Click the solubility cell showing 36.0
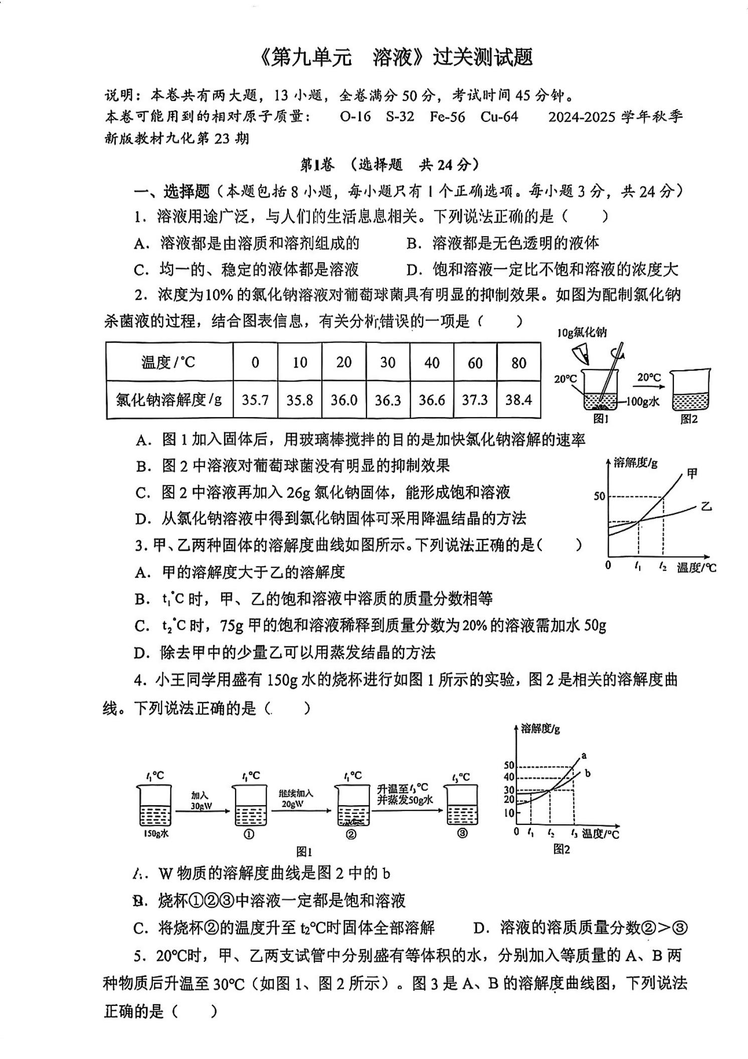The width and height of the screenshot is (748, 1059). click(344, 400)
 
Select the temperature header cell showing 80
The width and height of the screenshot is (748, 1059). click(519, 363)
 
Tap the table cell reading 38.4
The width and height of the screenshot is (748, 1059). click(519, 400)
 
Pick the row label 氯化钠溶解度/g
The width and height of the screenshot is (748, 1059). click(169, 400)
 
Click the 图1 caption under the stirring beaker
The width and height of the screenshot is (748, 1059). click(601, 419)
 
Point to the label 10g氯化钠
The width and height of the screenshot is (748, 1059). click(582, 332)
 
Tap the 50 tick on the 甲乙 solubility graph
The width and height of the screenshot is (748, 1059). click(600, 496)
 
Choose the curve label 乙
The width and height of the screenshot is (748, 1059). click(706, 506)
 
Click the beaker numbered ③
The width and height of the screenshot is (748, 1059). click(462, 805)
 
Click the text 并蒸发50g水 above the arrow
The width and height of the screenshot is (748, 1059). click(405, 800)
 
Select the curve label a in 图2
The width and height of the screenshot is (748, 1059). click(584, 755)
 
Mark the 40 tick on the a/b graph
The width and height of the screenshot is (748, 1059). click(509, 777)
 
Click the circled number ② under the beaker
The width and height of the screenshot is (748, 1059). click(351, 834)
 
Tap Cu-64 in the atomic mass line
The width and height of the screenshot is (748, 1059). click(499, 117)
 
